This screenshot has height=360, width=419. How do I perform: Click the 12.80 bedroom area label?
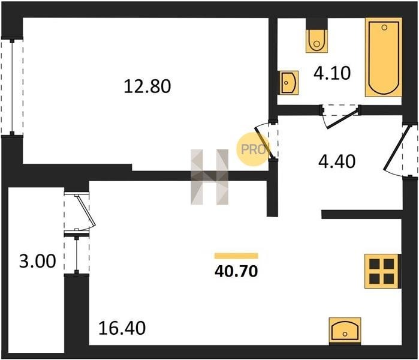[147, 86]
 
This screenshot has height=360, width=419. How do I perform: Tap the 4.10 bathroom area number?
[332, 73]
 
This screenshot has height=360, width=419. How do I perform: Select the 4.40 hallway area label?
[337, 161]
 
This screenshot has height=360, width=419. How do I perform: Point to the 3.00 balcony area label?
[38, 261]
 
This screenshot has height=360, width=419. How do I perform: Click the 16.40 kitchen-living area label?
[122, 328]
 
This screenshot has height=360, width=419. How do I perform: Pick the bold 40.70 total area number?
[236, 271]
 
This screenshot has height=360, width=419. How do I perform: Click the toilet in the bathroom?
[316, 41]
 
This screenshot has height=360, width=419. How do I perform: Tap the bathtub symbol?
[384, 57]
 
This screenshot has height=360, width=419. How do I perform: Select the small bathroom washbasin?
[288, 83]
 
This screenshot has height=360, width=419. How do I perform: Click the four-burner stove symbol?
[382, 271]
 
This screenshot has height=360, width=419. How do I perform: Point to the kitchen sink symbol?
[345, 331]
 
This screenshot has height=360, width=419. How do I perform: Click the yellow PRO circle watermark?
[252, 149]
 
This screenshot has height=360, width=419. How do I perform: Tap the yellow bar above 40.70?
[236, 256]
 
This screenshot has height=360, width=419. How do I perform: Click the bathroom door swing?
[339, 118]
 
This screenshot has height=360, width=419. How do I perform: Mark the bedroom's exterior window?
[12, 87]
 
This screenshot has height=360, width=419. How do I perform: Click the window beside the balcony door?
[77, 254]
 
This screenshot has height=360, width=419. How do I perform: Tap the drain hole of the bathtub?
[384, 27]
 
